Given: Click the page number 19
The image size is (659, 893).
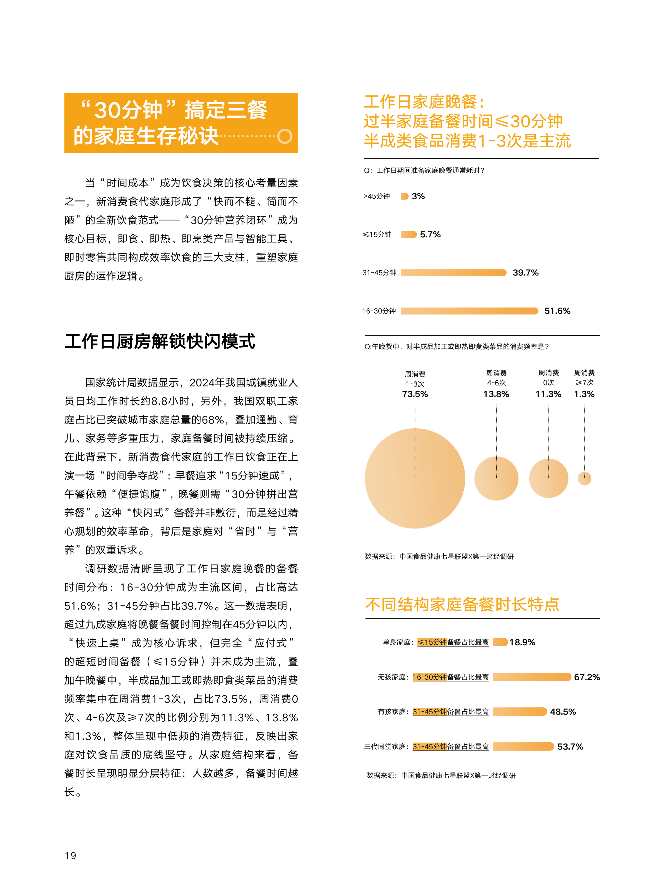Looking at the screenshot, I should pyautogui.click(x=70, y=855).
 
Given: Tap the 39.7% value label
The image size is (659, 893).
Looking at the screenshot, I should pyautogui.click(x=525, y=273).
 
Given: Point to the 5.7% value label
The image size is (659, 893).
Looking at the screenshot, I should pyautogui.click(x=430, y=234).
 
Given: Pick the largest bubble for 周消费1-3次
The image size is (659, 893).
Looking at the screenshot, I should pyautogui.click(x=415, y=478).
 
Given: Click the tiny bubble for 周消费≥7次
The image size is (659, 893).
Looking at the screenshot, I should pyautogui.click(x=585, y=478).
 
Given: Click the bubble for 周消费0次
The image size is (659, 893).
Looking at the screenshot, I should pyautogui.click(x=549, y=478).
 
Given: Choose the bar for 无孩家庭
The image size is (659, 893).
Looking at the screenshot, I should pyautogui.click(x=532, y=677).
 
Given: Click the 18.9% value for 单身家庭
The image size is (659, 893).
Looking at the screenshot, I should pyautogui.click(x=522, y=642).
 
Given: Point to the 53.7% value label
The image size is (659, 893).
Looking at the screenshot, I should pyautogui.click(x=570, y=746).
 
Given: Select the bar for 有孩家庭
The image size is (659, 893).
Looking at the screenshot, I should pyautogui.click(x=520, y=711).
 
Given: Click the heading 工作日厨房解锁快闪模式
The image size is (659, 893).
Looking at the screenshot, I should pyautogui.click(x=160, y=342).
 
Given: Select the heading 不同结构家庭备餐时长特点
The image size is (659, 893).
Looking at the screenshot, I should pyautogui.click(x=462, y=604).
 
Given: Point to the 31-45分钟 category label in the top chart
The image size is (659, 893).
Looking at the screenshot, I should pyautogui.click(x=379, y=273).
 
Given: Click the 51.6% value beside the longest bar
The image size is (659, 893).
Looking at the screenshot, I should pyautogui.click(x=557, y=311).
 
